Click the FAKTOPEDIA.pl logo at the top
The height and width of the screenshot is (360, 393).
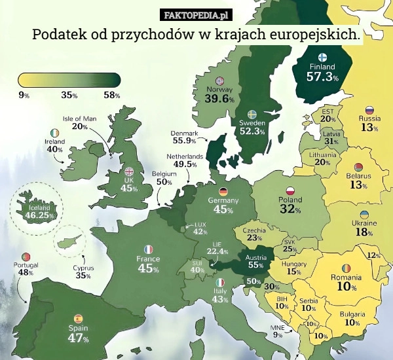pyautogui.click(x=196, y=14)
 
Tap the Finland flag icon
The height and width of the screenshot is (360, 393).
pyautogui.click(x=322, y=57)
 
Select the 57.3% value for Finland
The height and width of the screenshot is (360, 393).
pyautogui.click(x=322, y=77)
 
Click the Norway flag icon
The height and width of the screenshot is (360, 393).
pyautogui.click(x=219, y=80)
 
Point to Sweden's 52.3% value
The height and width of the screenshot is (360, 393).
pyautogui.click(x=252, y=132)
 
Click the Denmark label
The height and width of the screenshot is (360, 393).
pyautogui.click(x=185, y=133)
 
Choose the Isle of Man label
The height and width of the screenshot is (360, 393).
pyautogui.click(x=79, y=118)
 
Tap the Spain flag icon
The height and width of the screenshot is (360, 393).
pyautogui.click(x=78, y=318)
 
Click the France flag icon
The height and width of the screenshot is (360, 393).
pyautogui.click(x=149, y=249)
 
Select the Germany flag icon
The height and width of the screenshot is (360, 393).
pyautogui.click(x=223, y=191)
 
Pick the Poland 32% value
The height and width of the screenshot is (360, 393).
pyautogui.click(x=290, y=209)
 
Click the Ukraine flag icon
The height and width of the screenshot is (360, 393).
pyautogui.click(x=364, y=215)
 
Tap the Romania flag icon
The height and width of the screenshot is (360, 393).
pyautogui.click(x=345, y=269)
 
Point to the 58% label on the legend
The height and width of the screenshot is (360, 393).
pyautogui.click(x=111, y=95)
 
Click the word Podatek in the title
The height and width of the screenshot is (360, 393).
pyautogui.click(x=60, y=33)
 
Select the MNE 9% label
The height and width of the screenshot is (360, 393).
pyautogui.click(x=278, y=331)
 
